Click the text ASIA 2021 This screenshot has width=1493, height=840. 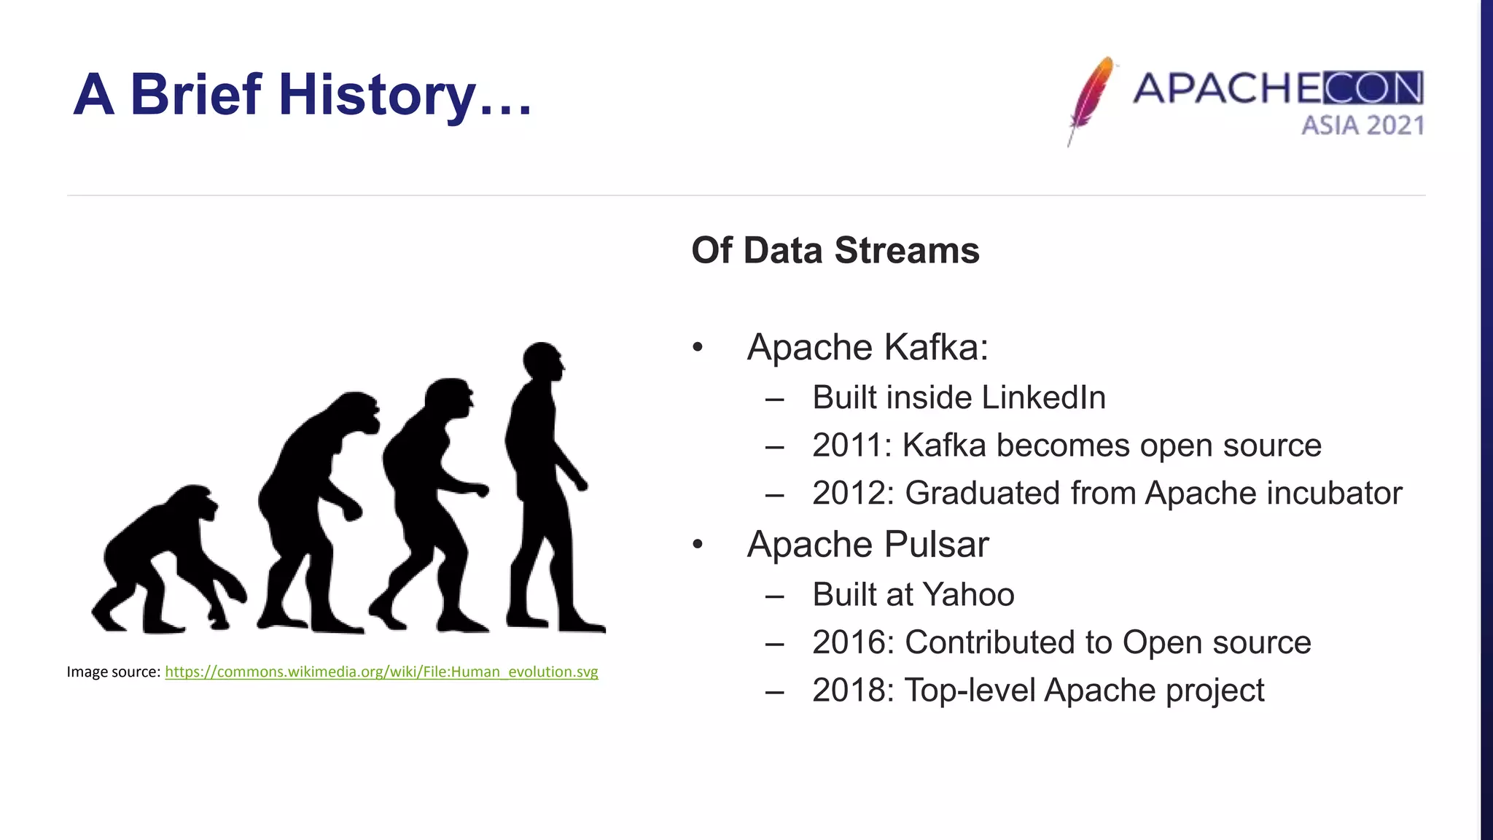[x=1362, y=125]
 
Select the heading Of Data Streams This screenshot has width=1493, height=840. [x=835, y=250]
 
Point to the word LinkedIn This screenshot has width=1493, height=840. [x=1043, y=398]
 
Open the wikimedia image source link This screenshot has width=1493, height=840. [x=381, y=672]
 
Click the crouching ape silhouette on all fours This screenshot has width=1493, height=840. [x=164, y=561]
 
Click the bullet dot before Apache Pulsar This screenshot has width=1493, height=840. [x=698, y=544]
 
